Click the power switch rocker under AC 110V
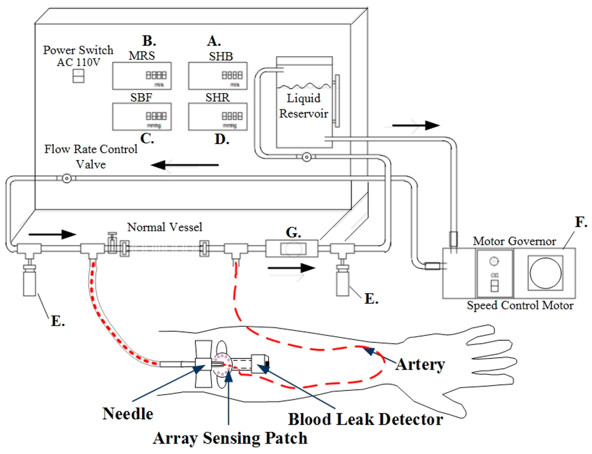point(78,76)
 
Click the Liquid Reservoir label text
point(304,106)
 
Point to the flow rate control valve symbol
point(67,179)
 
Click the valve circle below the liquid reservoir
point(306,157)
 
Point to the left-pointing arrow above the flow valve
point(185,166)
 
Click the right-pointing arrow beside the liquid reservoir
point(416,125)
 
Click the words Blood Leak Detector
point(365,419)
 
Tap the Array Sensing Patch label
point(230,438)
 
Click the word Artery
point(420,364)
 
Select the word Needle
point(128,414)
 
